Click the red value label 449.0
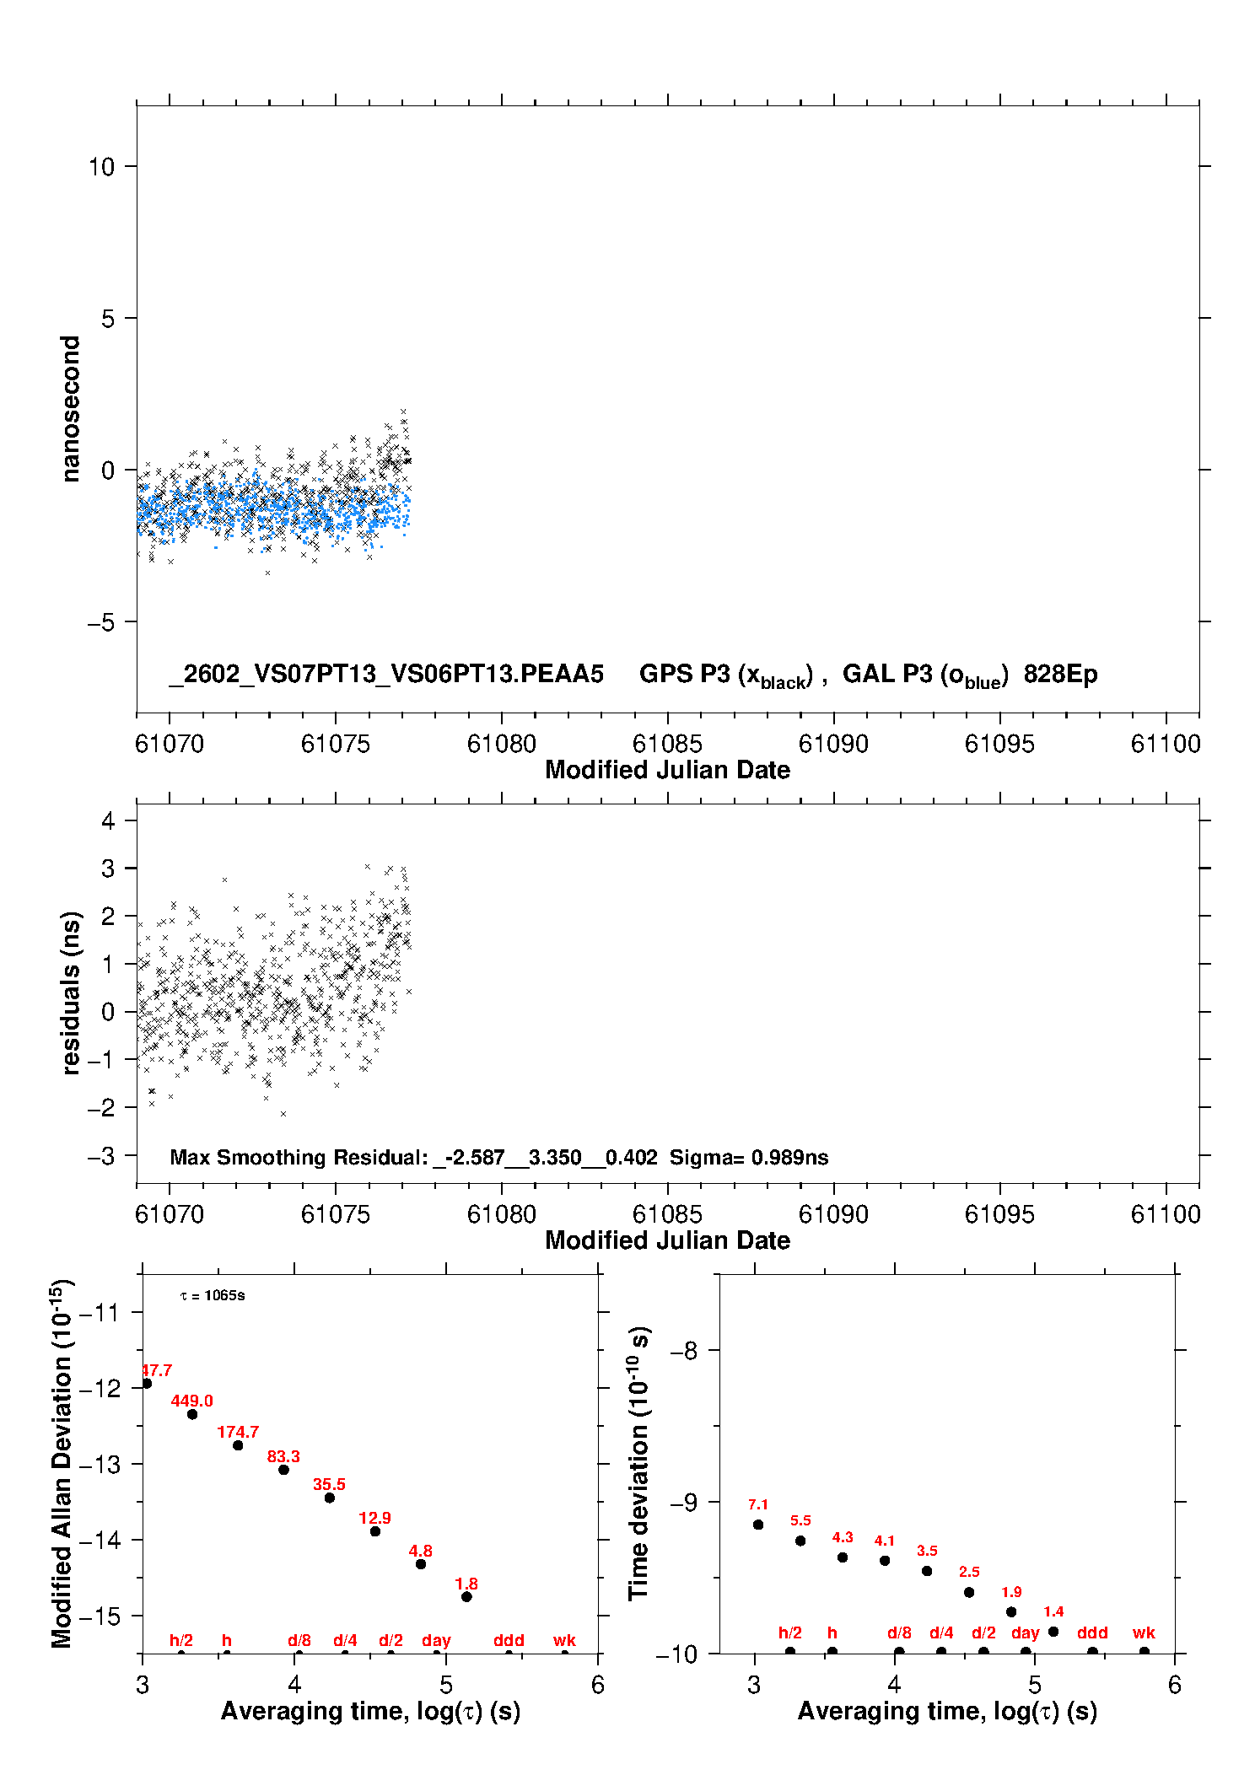pyautogui.click(x=191, y=1401)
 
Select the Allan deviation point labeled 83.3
pyautogui.click(x=283, y=1470)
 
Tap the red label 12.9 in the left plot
pyautogui.click(x=374, y=1518)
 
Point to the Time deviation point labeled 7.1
pyautogui.click(x=758, y=1525)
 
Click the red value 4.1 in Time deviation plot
pyautogui.click(x=884, y=1541)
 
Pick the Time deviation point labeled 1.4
pyautogui.click(x=1053, y=1632)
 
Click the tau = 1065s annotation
pyautogui.click(x=213, y=1295)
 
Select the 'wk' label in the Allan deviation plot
pyautogui.click(x=564, y=1640)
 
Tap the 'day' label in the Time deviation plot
pyautogui.click(x=1025, y=1632)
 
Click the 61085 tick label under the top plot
pyautogui.click(x=667, y=744)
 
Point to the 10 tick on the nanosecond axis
pyautogui.click(x=102, y=167)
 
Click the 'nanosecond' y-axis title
pyautogui.click(x=71, y=409)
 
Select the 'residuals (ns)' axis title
pyautogui.click(x=71, y=992)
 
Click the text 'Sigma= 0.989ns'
pyautogui.click(x=749, y=1157)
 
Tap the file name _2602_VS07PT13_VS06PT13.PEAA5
pyautogui.click(x=386, y=674)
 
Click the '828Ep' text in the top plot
pyautogui.click(x=1060, y=674)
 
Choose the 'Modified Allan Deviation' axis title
pyautogui.click(x=62, y=1463)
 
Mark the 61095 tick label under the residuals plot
pyautogui.click(x=999, y=1214)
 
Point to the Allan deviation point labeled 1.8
pyautogui.click(x=466, y=1596)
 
